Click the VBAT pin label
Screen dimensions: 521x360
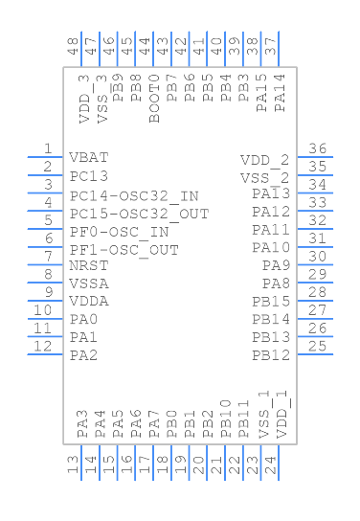(x=88, y=158)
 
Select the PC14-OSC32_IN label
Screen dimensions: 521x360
(x=134, y=194)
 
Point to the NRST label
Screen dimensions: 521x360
(x=89, y=265)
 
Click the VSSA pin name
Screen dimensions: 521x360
(x=89, y=283)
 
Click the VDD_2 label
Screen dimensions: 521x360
(x=264, y=160)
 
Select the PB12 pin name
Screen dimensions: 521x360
(x=271, y=355)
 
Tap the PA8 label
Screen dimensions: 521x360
(x=276, y=283)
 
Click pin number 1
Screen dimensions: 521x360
(x=46, y=148)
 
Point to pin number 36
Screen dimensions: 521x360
(x=317, y=148)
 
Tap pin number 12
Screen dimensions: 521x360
(x=43, y=346)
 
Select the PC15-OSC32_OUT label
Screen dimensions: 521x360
(x=139, y=213)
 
